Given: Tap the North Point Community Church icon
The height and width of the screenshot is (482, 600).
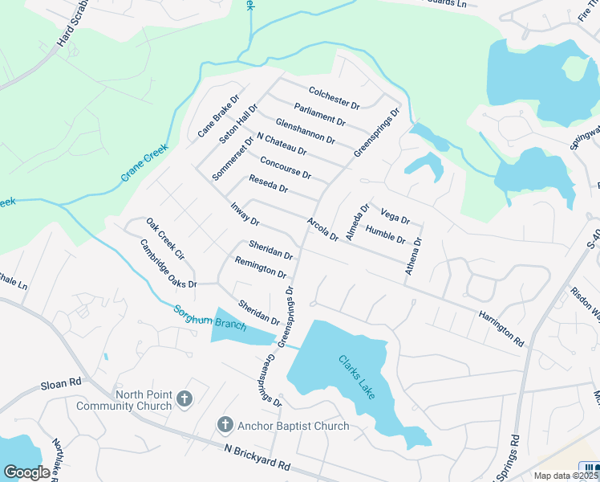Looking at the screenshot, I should pos(184,398).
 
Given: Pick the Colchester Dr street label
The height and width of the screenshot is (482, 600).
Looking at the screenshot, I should pos(333,96).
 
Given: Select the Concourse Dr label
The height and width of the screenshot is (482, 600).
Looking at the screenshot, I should pos(285,168).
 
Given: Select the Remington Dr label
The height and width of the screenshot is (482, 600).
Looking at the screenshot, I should pos(261,267).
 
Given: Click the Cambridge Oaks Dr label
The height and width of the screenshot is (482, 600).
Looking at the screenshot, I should pos(168,263).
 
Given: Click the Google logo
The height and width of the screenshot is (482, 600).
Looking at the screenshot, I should pos(27,472).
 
